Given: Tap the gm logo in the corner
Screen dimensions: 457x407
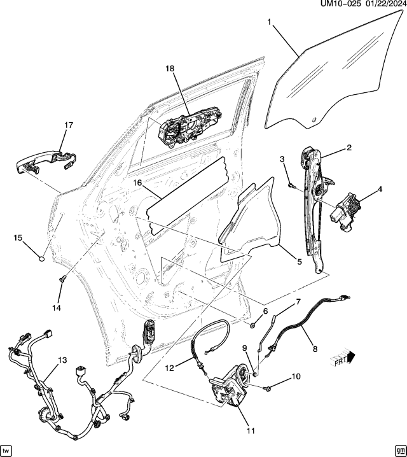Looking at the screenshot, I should coord(399,449).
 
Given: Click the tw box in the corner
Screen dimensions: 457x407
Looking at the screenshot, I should coord(7,449).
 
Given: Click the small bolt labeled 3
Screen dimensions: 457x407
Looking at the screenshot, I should coord(290,185).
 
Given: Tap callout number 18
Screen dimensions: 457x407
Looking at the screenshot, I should coord(170,69).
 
